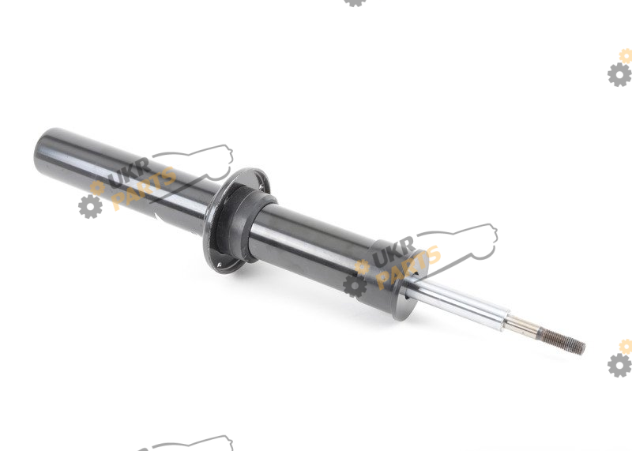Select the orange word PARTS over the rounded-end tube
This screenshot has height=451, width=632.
point(144,188)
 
